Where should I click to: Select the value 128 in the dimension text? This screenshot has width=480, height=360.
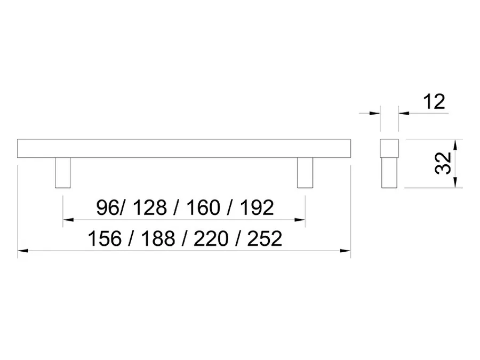point(150,207)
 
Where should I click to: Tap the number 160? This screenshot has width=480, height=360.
point(203,207)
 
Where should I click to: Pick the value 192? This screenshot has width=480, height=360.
point(257,207)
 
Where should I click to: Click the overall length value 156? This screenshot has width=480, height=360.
point(105,239)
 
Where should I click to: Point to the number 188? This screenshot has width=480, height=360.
point(158,239)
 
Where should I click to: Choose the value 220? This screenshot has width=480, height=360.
point(211,239)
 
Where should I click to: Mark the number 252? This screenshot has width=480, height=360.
point(265,239)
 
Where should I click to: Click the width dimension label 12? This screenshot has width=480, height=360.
point(434,102)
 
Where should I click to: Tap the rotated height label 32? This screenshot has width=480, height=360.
point(443,163)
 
